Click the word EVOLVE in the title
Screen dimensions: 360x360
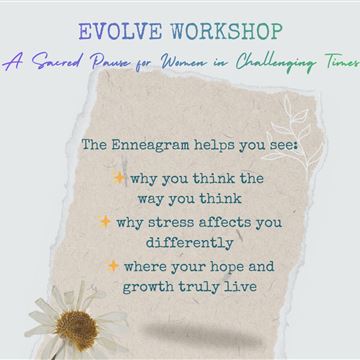coord(120,32)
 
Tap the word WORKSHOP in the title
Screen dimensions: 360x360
coord(227,32)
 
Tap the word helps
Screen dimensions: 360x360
coord(215,146)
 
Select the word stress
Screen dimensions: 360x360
coord(171,222)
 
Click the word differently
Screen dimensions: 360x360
coord(189,243)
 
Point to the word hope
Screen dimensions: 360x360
coord(225,267)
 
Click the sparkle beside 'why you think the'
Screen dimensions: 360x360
coord(119,178)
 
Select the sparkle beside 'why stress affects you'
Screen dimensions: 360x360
coord(105,222)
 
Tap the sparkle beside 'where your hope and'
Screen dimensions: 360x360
coord(113,266)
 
